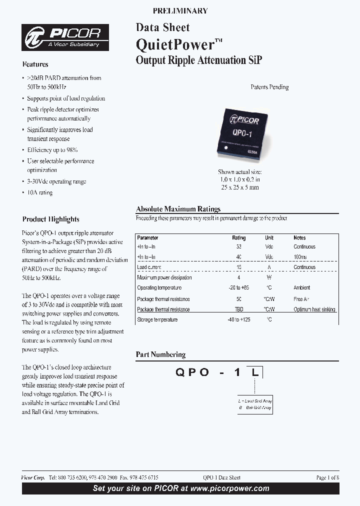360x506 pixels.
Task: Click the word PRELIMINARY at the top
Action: click(x=180, y=10)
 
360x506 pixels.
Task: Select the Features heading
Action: click(x=35, y=64)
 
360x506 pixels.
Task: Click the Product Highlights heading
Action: click(x=50, y=219)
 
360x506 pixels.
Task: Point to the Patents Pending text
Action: click(x=269, y=87)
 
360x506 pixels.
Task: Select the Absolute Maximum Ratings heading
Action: click(x=178, y=209)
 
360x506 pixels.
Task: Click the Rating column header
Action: click(x=239, y=238)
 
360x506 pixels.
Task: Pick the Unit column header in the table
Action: click(x=269, y=238)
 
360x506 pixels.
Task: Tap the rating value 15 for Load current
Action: click(x=239, y=267)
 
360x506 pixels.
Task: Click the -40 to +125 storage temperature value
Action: click(x=239, y=319)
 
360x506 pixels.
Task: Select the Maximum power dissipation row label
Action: click(x=164, y=277)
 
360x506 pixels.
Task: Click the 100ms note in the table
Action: click(x=300, y=257)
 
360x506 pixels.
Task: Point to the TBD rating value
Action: click(x=239, y=309)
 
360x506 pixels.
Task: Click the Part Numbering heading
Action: click(x=160, y=354)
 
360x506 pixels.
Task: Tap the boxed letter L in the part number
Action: click(x=255, y=372)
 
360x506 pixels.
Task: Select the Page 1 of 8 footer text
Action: click(x=327, y=477)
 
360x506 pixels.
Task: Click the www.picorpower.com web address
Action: click(x=236, y=488)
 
